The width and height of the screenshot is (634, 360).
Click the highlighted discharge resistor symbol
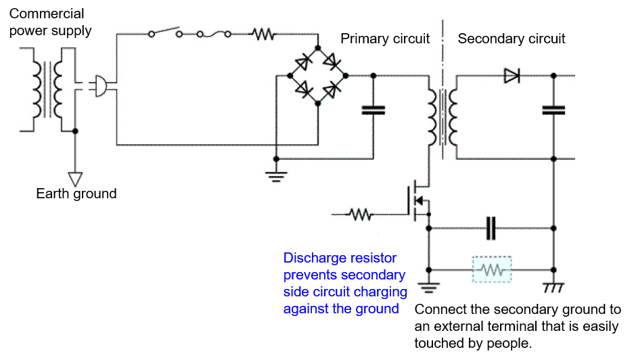(492, 269)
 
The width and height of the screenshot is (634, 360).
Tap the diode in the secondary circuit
(512, 76)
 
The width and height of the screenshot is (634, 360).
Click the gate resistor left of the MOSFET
(360, 214)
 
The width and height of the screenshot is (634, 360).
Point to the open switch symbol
(165, 32)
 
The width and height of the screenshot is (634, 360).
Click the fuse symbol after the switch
(214, 35)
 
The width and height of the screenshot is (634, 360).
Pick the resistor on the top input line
(263, 35)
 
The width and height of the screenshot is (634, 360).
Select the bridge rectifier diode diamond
(318, 76)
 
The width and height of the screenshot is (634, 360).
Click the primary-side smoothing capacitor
(373, 110)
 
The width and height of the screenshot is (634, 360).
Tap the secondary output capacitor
(553, 110)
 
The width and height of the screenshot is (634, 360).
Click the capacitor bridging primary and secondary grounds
(491, 228)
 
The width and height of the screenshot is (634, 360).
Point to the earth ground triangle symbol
(75, 179)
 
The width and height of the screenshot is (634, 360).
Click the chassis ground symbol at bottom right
(553, 287)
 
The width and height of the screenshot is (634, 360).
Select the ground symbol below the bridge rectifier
(276, 177)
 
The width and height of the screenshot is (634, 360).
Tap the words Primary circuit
(385, 39)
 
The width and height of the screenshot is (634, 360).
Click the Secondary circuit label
(511, 39)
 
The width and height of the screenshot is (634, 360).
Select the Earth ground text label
(76, 194)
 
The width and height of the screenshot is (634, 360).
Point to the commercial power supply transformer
(47, 89)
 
